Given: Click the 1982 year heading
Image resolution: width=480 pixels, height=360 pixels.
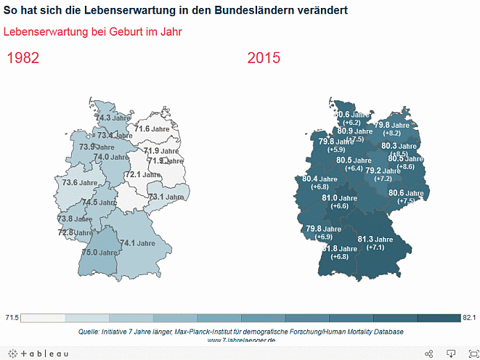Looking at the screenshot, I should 23,58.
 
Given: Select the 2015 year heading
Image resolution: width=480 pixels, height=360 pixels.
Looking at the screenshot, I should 263,58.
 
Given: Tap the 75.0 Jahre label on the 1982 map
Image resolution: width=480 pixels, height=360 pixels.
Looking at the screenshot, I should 99,253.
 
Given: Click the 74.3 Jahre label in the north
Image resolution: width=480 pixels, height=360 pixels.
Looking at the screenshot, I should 113,118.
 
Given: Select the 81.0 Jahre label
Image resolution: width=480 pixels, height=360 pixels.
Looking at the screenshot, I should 339,198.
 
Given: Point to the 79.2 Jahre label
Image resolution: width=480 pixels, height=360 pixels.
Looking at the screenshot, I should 383,171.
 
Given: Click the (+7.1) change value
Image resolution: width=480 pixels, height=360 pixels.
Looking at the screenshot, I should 375,248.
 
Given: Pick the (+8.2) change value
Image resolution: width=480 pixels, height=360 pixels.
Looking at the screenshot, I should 392,134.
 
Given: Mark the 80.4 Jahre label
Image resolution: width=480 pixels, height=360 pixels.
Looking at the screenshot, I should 320,179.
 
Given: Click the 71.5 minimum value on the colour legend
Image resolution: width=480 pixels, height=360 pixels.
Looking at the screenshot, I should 12,318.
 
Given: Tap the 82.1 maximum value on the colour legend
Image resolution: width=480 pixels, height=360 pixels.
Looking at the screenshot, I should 468,318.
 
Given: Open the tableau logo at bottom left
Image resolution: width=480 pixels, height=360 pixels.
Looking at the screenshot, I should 36,353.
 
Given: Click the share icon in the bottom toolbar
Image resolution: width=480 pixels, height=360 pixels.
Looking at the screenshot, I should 428,353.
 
